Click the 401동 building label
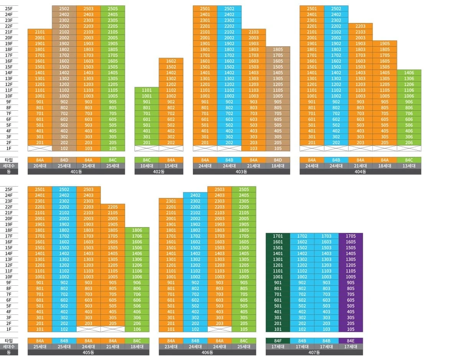[76, 172]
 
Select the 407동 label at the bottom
[314, 352]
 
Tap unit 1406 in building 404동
[409, 73]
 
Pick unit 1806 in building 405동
[137, 230]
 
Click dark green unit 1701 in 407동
[278, 236]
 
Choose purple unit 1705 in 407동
[351, 236]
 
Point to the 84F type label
[278, 341]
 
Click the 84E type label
[351, 341]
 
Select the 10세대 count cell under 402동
[146, 166]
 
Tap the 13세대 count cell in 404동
[409, 166]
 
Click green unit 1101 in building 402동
[146, 90]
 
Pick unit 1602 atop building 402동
[171, 61]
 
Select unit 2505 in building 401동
[113, 9]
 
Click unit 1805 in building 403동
[278, 49]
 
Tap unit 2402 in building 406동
[195, 195]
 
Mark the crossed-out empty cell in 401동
[39, 149]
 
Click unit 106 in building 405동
[137, 329]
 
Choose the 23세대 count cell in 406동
[171, 347]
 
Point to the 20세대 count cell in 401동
[39, 166]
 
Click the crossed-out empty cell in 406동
[219, 329]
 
